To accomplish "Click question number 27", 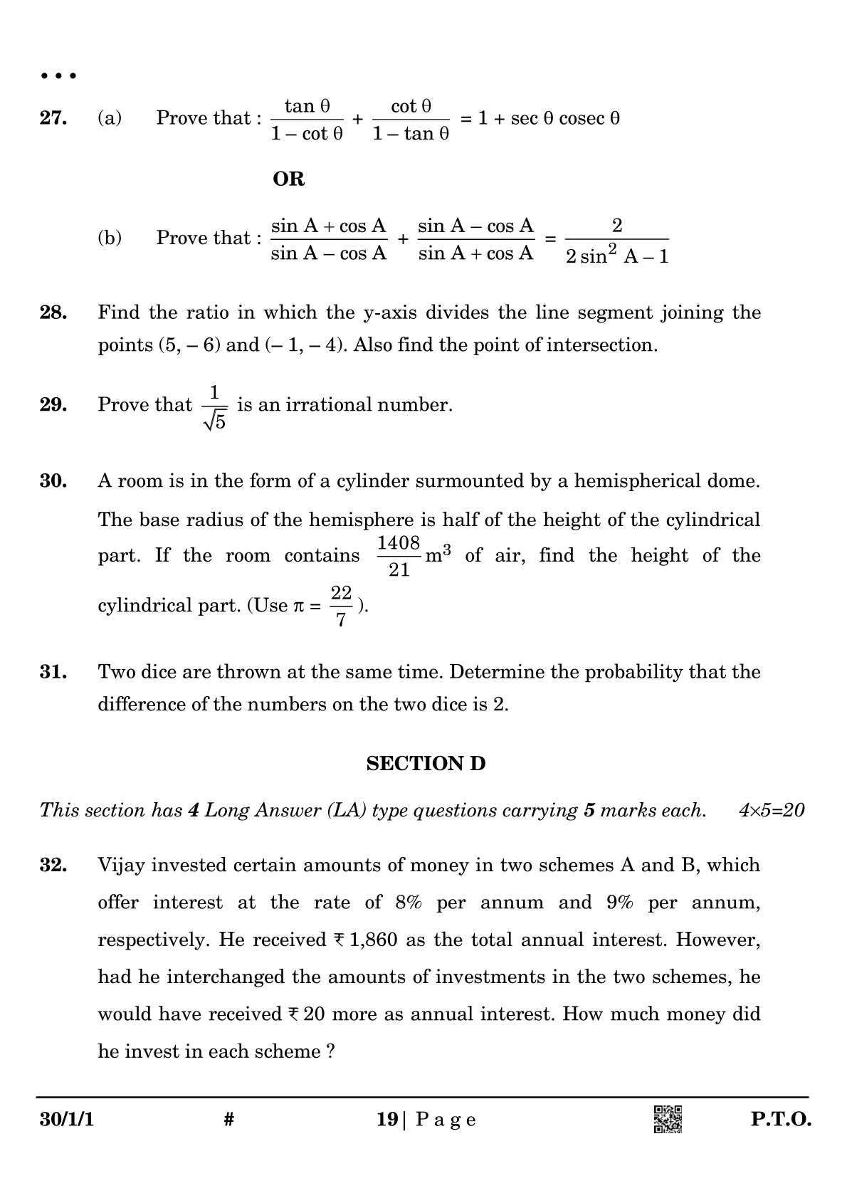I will coord(53,118).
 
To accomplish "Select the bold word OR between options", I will coord(288,179).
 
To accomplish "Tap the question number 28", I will coord(53,312).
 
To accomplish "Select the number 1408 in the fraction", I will coord(399,543).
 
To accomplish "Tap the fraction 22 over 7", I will coord(341,606).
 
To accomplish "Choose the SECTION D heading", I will coord(426,764).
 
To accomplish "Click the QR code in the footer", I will coord(668,1119).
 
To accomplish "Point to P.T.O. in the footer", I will coord(781,1120).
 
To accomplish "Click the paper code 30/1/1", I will coord(67,1120).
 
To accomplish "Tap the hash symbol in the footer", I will coord(228,1120).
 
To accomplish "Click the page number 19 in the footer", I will coord(387,1120).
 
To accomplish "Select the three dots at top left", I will coord(58,76).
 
